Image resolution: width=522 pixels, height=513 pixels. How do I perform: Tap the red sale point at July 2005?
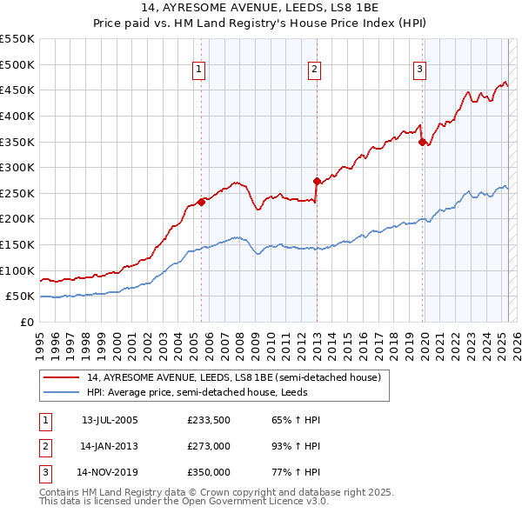click(x=201, y=202)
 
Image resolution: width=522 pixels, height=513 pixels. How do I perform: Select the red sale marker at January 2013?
click(x=317, y=181)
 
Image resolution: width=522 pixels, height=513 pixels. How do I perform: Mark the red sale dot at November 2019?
click(x=422, y=142)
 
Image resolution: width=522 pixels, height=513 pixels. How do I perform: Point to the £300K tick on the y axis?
click(x=17, y=167)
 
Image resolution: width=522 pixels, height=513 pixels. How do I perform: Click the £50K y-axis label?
click(x=21, y=296)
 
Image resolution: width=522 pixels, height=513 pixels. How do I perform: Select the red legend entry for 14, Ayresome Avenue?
click(x=233, y=378)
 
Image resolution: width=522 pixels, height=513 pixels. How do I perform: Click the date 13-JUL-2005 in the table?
click(x=110, y=420)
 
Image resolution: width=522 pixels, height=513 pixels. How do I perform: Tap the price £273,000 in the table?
click(x=209, y=446)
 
